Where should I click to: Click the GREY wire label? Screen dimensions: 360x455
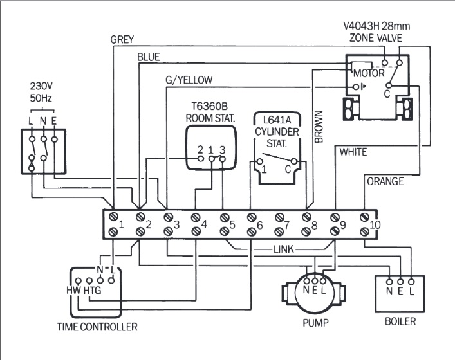click(122, 40)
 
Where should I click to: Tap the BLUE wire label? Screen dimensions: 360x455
click(148, 58)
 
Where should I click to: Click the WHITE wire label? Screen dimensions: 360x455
click(353, 152)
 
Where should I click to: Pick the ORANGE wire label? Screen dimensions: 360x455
click(385, 182)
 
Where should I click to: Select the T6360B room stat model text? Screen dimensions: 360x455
click(210, 107)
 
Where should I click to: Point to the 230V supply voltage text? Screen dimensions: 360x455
click(42, 86)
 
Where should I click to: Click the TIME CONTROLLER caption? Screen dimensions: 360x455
click(97, 327)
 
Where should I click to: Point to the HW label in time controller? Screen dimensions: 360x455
click(73, 291)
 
